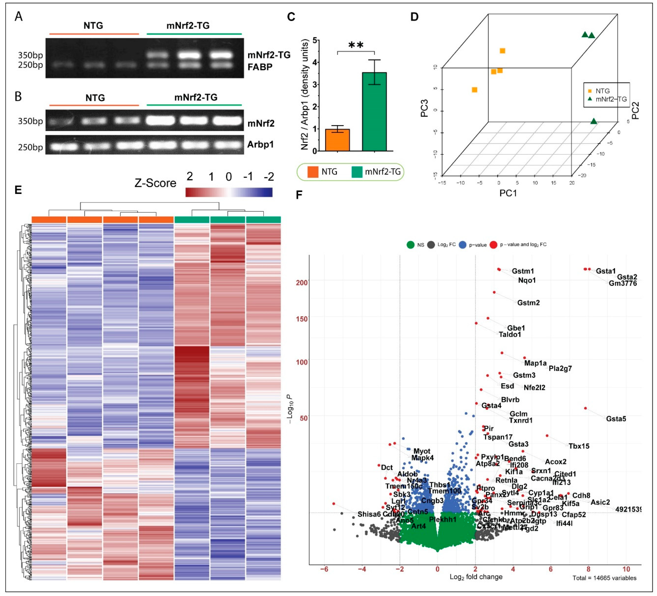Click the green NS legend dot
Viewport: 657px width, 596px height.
point(411,245)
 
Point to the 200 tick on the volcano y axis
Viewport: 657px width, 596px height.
point(302,282)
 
